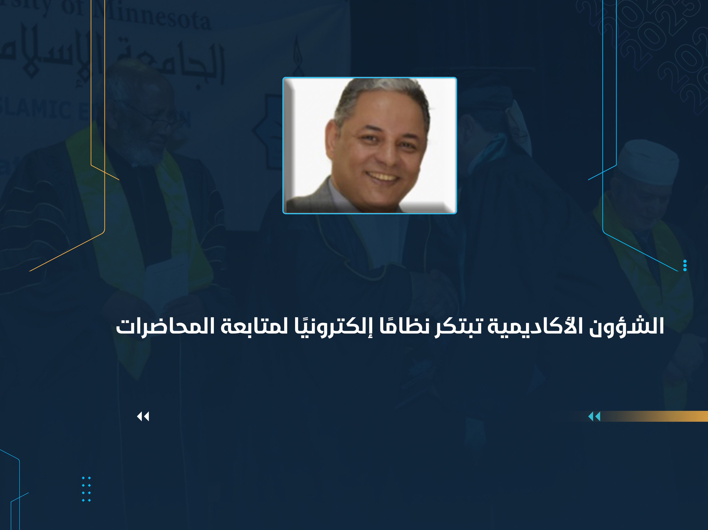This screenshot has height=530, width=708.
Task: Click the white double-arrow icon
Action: click(143, 417)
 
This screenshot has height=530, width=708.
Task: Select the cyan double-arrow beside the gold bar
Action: click(594, 417)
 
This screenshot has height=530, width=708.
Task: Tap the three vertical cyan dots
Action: click(685, 265)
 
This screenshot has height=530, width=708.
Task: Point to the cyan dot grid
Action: click(86, 489)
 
